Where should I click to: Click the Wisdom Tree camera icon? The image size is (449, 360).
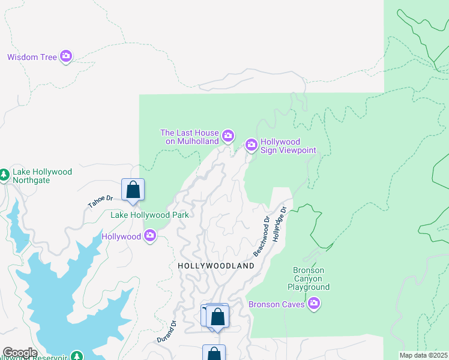tap(66, 57)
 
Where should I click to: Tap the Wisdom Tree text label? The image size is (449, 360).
tap(32, 58)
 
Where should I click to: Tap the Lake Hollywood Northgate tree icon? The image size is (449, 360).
tap(4, 175)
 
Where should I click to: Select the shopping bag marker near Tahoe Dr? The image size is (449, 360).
tap(133, 190)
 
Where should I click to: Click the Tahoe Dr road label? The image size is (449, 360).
tap(100, 202)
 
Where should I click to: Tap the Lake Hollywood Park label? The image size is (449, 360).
tap(149, 215)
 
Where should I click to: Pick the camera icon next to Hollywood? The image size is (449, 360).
tap(151, 236)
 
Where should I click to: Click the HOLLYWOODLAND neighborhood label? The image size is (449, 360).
tap(216, 265)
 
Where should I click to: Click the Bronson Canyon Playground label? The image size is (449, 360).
tap(311, 279)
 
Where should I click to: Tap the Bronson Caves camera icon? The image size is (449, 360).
tap(313, 304)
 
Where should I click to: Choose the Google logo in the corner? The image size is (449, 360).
tap(20, 353)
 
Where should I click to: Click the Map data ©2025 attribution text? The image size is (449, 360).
tap(423, 355)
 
